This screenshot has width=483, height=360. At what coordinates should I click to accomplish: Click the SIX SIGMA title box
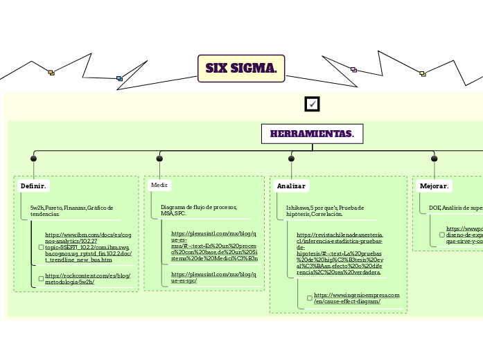tap(241, 69)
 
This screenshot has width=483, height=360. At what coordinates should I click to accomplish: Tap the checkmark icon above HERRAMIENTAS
tap(312, 104)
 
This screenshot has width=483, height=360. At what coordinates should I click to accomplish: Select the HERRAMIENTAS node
tap(312, 134)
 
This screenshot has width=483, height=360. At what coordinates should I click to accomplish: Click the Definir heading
tap(33, 186)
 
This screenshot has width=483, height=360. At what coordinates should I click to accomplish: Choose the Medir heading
tap(159, 186)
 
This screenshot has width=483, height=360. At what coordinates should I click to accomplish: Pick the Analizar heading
tap(291, 186)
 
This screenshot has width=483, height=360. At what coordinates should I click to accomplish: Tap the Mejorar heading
tap(434, 186)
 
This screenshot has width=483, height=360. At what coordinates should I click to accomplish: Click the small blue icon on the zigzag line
tap(119, 78)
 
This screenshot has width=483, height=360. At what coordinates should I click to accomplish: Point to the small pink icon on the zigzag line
tap(353, 69)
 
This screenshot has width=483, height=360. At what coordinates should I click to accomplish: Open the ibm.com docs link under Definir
tap(87, 247)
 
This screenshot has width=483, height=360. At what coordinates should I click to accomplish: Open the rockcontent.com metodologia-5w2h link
tap(87, 279)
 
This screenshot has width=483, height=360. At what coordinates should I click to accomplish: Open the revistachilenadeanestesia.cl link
tap(340, 254)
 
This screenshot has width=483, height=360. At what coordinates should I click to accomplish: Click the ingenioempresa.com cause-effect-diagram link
tap(356, 298)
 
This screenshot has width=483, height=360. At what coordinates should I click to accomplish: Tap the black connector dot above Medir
tap(159, 159)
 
